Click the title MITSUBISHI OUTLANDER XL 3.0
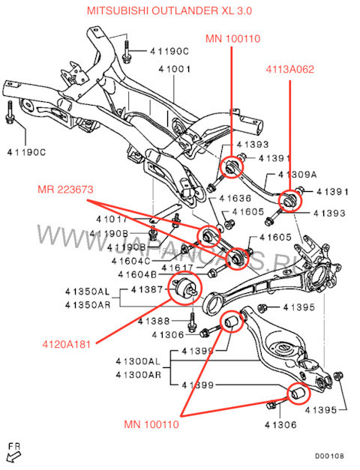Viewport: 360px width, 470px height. [181, 10]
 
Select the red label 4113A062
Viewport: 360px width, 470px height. [289, 70]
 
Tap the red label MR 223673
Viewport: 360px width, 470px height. [65, 190]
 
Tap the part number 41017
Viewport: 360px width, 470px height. [112, 220]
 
